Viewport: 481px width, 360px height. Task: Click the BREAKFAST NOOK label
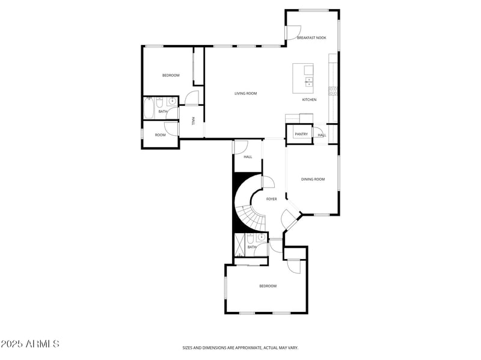click(x=311, y=38)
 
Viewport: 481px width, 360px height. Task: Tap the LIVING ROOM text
click(x=245, y=93)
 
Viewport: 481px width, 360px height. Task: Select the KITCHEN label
click(x=309, y=100)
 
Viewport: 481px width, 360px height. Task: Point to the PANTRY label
click(x=301, y=134)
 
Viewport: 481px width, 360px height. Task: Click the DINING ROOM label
click(x=313, y=179)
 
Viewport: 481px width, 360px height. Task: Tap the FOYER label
click(x=272, y=199)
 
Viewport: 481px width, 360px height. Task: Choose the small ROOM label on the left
click(x=160, y=135)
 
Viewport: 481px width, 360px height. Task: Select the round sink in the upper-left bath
click(x=171, y=101)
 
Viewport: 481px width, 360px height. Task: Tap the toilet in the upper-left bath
click(x=159, y=101)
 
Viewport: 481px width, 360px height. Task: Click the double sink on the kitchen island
click(x=309, y=81)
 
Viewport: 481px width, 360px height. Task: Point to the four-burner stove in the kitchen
click(x=332, y=91)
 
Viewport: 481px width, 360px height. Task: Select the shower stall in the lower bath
click(x=239, y=246)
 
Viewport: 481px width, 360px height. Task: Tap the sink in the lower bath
click(x=262, y=237)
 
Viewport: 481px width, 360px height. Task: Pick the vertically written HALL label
click(x=193, y=120)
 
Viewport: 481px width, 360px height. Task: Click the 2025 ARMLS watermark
click(x=30, y=344)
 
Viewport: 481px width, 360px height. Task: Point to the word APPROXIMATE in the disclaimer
click(x=248, y=347)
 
